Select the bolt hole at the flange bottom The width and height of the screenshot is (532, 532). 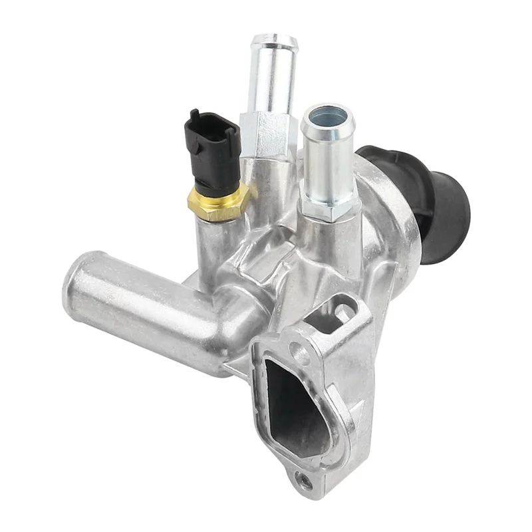click(305, 479)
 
